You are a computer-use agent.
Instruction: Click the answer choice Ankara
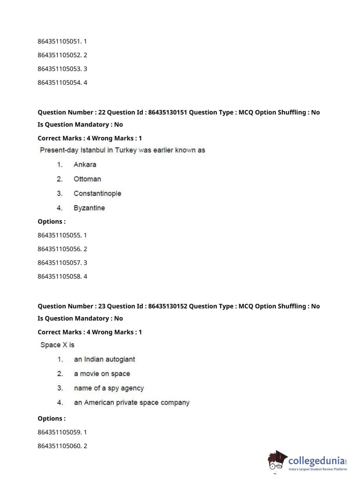click(x=85, y=164)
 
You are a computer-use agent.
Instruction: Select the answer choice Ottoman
click(x=87, y=179)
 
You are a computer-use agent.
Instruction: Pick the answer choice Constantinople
click(x=97, y=193)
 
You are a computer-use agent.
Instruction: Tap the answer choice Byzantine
click(x=89, y=208)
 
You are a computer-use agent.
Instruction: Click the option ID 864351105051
click(x=59, y=41)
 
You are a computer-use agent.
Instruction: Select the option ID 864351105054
click(x=59, y=82)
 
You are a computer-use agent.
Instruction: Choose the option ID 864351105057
click(x=59, y=263)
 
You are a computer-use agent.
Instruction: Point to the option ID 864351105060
click(x=59, y=446)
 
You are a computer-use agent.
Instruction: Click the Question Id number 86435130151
click(x=168, y=112)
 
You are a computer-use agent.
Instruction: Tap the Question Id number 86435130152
click(x=168, y=306)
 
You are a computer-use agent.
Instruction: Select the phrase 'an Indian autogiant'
click(x=104, y=359)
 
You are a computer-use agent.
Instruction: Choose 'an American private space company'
click(x=132, y=402)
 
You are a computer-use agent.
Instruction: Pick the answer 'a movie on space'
click(x=102, y=374)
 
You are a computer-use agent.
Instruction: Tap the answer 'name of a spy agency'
click(x=109, y=388)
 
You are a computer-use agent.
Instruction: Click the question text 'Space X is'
click(x=57, y=345)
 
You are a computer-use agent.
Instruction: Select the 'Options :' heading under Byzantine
click(x=51, y=222)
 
